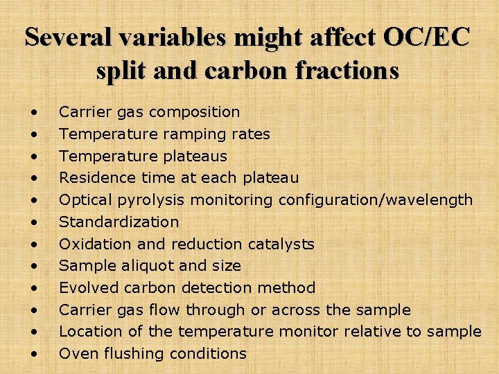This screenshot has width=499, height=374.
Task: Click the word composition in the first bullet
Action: tap(195, 112)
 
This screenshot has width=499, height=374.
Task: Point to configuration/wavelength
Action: tap(376, 199)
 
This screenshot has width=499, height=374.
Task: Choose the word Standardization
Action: tap(119, 222)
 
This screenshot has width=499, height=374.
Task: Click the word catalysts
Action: tap(281, 244)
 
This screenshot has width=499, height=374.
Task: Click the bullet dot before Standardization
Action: tap(33, 222)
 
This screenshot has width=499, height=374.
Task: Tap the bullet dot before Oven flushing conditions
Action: tap(33, 354)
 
